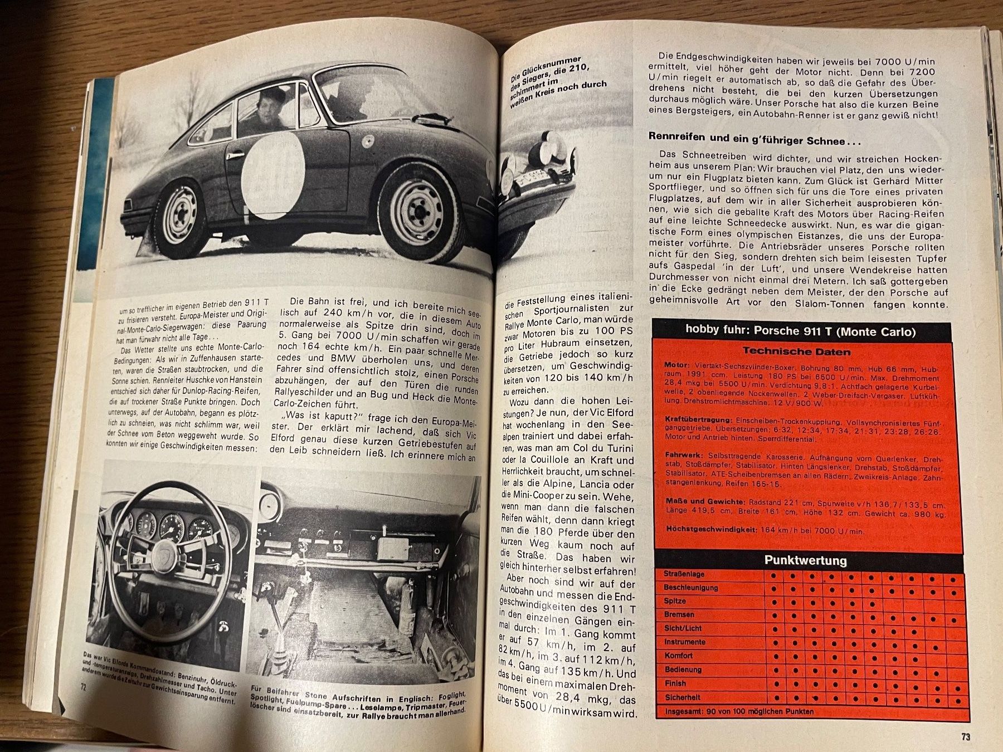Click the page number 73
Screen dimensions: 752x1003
(x=965, y=736)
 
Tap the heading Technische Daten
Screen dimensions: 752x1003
(x=796, y=351)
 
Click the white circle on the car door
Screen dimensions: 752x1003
(x=272, y=172)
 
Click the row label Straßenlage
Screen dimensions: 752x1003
(x=684, y=574)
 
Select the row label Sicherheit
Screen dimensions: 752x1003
(x=682, y=697)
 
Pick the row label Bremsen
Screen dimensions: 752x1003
(x=679, y=614)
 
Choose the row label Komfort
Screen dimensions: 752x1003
(x=679, y=656)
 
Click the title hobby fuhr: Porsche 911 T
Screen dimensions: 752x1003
(x=800, y=331)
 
